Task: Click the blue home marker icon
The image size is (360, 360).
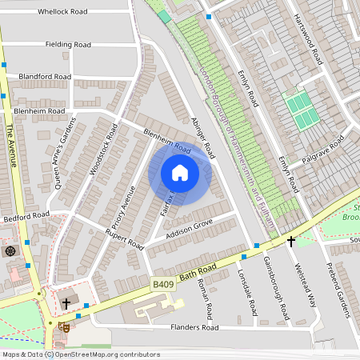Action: point(180,173)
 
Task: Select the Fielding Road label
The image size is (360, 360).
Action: point(68,44)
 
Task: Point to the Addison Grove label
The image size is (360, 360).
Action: point(189,228)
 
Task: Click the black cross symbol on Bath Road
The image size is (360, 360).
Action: point(291,240)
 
